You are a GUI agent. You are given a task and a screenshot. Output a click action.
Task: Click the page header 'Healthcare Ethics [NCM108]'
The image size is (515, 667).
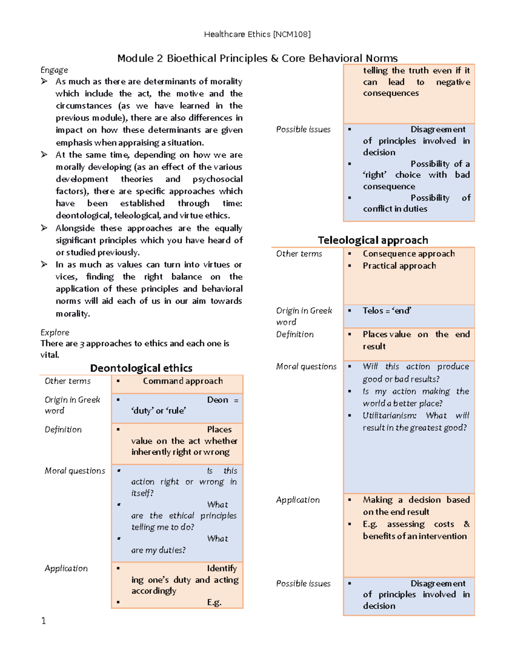pos(257,34)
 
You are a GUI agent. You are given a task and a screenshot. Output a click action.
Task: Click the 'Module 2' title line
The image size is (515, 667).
pos(257,58)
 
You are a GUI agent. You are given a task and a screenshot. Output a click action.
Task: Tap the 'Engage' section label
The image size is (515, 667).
pos(54,70)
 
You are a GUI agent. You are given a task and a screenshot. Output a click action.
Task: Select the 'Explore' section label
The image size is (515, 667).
pos(55,332)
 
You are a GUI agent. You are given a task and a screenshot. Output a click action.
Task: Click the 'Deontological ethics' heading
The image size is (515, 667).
pos(141,368)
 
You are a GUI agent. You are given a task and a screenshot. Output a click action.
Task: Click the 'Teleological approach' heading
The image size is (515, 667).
pos(373,240)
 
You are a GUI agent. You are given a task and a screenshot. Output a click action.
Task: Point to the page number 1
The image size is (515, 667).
pos(43,621)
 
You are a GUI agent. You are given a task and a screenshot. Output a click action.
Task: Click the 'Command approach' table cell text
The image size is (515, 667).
pos(183,381)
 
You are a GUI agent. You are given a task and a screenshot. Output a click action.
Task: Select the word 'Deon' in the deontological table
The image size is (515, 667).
pos(218,400)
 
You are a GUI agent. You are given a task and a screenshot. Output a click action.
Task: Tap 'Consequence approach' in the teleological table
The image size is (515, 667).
pos(409,254)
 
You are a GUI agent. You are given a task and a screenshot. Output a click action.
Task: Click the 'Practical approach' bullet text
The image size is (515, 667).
pos(399,266)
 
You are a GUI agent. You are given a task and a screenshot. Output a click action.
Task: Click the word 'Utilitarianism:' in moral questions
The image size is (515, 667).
pos(389,416)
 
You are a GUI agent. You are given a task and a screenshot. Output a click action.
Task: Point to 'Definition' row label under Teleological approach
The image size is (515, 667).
pos(295,334)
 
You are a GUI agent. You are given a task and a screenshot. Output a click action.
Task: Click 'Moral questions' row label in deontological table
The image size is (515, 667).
pos(75,471)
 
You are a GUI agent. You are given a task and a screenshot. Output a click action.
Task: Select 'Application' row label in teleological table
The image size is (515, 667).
pos(298,500)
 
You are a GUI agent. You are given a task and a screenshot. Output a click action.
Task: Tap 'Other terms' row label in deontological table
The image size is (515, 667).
pos(68,381)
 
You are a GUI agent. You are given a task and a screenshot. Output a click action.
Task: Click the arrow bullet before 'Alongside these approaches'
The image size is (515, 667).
pos(44,228)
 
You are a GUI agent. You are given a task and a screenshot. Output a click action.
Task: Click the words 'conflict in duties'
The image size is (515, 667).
pos(395,209)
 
